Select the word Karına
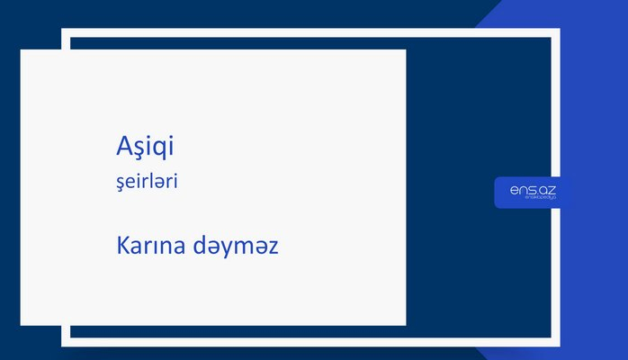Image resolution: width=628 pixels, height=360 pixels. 148,245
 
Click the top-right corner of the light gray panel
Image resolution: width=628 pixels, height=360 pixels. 405,50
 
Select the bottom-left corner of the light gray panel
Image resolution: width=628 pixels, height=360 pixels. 22,324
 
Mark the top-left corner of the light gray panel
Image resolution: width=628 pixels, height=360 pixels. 22,50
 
